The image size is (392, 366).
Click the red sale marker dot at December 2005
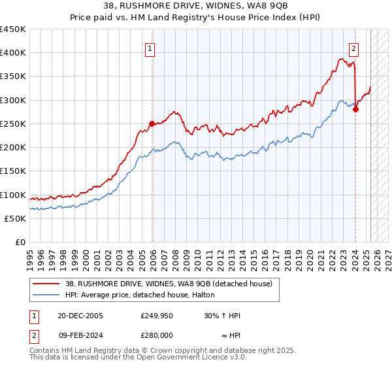152,123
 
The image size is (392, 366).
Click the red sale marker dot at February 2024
355,109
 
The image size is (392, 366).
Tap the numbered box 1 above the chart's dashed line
150,48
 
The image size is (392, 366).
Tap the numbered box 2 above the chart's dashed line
353,48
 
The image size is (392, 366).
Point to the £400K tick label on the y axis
13,53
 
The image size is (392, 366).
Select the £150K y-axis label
13,171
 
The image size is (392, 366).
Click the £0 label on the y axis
20,242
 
